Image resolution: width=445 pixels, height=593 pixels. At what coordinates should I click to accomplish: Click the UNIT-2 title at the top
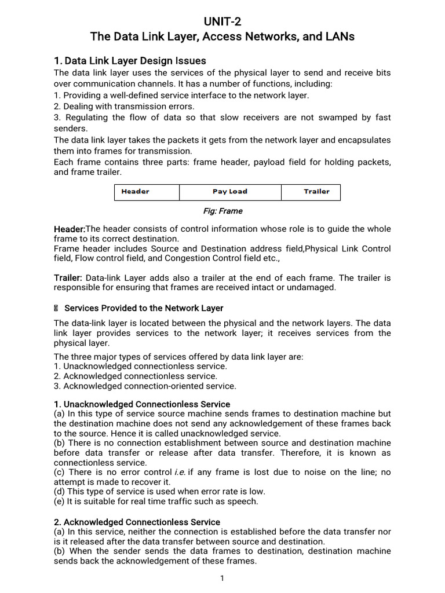(222, 22)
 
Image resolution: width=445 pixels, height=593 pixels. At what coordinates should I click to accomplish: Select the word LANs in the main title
(338, 37)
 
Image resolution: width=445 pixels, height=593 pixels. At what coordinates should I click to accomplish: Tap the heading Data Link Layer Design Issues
(130, 61)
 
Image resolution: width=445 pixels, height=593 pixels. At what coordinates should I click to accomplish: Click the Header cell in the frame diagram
(135, 192)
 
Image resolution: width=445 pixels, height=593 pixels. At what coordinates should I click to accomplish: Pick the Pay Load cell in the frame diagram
(229, 192)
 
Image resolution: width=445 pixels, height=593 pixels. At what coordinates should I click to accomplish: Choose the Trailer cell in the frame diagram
(316, 192)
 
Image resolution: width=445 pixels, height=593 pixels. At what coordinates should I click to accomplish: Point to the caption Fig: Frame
(222, 211)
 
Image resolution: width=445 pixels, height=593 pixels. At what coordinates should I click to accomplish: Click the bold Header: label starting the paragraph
(70, 229)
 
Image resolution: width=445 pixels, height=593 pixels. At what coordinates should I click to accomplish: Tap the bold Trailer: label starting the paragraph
(68, 278)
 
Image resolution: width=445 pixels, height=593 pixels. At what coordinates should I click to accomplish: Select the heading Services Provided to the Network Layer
(143, 308)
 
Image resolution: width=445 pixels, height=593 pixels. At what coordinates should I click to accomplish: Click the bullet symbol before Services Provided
(56, 308)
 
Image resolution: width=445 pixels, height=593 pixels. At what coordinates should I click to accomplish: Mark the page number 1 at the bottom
(222, 578)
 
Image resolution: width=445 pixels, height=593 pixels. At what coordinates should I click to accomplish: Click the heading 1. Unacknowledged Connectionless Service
(142, 404)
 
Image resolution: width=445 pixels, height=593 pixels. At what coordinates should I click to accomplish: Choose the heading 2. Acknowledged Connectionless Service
(137, 522)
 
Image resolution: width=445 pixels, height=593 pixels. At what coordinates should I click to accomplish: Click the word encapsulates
(364, 140)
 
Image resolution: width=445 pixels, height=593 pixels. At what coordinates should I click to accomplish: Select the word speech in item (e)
(245, 502)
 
